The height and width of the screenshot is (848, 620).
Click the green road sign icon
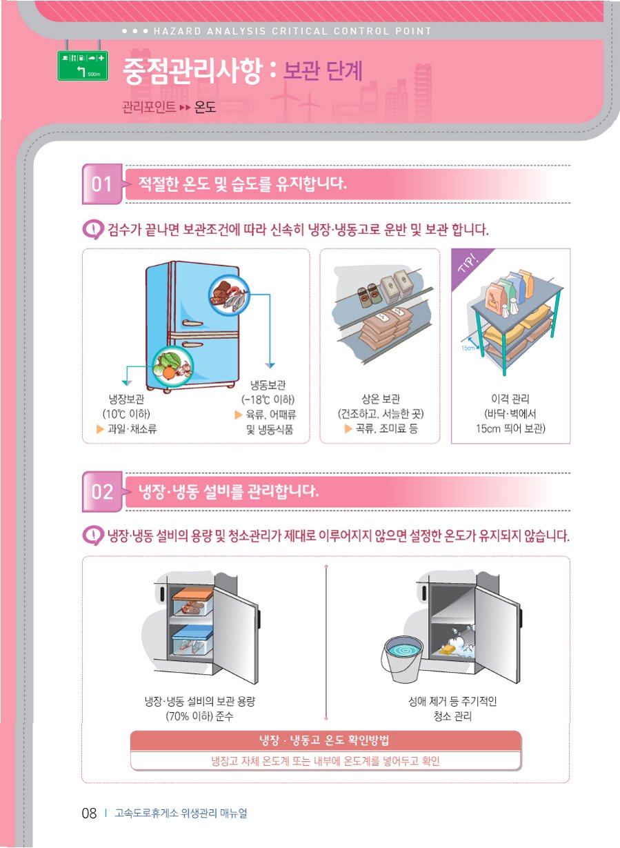83,66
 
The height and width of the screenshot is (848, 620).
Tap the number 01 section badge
102,184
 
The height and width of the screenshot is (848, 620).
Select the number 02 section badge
102,492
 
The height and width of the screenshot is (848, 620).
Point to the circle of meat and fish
229,295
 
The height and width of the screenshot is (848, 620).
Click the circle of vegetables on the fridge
173,366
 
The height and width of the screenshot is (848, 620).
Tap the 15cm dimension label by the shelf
468,348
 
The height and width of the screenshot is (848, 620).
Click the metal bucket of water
402,657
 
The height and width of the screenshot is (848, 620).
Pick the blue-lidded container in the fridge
192,640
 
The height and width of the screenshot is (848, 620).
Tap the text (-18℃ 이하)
268,400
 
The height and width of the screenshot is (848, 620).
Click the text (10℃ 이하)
126,414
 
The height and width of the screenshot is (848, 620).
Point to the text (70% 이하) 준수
200,716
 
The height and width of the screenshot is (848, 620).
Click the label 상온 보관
381,399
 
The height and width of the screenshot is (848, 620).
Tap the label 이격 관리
510,399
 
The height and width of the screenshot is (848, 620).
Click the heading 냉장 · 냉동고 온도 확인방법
324,740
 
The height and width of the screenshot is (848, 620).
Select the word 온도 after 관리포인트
205,108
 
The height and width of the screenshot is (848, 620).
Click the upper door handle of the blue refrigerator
193,324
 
